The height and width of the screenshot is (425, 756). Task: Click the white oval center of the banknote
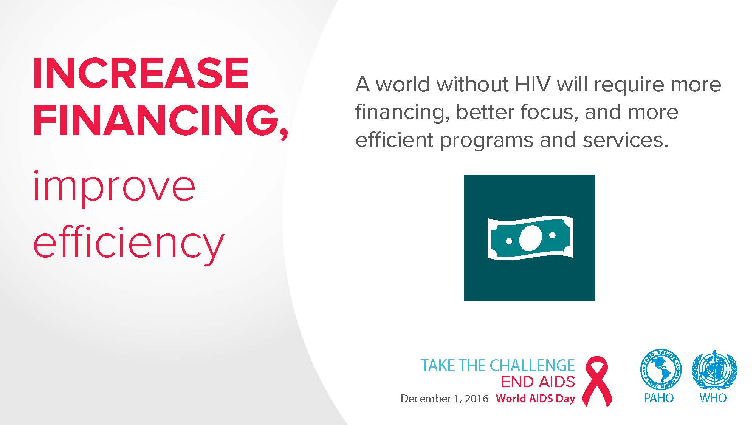(x=530, y=238)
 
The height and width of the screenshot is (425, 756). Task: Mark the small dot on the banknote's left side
(x=509, y=241)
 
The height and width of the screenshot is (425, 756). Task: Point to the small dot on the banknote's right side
(x=552, y=235)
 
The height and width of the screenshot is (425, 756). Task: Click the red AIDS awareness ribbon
(x=597, y=381)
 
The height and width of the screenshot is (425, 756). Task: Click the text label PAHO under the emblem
(x=659, y=398)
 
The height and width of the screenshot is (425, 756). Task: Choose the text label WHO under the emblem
(x=713, y=398)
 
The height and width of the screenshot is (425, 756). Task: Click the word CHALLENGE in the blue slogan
(x=532, y=365)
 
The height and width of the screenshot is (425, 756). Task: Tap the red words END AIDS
(x=538, y=382)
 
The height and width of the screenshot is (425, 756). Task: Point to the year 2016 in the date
(x=477, y=399)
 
